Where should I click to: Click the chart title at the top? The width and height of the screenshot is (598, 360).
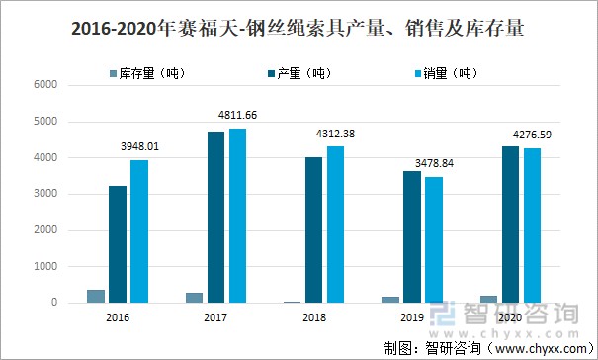pos(299,31)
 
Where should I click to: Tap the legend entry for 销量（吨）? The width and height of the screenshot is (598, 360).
pos(446,73)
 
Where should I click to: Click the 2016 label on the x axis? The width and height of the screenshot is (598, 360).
pos(118,318)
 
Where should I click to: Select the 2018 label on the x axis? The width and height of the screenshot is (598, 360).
pos(314,318)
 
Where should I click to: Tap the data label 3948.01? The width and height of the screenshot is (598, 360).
pos(137,145)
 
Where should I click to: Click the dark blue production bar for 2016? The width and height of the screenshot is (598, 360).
pos(118,244)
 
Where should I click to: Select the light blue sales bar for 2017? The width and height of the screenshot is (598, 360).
pos(237,216)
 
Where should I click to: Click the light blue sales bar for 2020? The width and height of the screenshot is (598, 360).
pos(532,225)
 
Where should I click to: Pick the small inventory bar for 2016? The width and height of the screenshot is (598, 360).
pos(96,296)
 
